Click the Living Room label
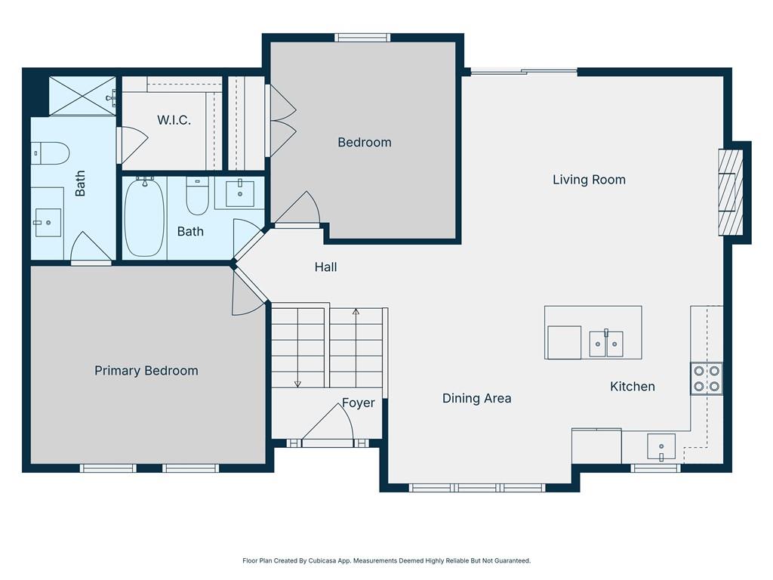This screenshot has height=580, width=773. pyautogui.click(x=589, y=180)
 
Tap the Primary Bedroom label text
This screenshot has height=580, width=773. pyautogui.click(x=146, y=371)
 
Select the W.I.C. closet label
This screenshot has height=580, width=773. pyautogui.click(x=174, y=120)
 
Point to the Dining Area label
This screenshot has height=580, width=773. pyautogui.click(x=477, y=399)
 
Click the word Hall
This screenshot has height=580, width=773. pyautogui.click(x=326, y=267)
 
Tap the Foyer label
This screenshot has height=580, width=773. pyautogui.click(x=359, y=403)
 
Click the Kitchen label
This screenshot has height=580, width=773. pyautogui.click(x=633, y=386)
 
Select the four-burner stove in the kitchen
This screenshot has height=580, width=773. pyautogui.click(x=707, y=379)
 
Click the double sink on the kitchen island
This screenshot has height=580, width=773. pyautogui.click(x=606, y=344)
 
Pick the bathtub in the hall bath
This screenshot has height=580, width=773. pyautogui.click(x=144, y=217)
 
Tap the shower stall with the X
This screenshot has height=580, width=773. pyautogui.click(x=83, y=96)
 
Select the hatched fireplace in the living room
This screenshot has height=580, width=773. pyautogui.click(x=730, y=192)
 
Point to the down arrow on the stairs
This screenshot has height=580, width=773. pyautogui.click(x=297, y=347)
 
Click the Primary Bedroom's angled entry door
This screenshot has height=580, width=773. pyautogui.click(x=249, y=293)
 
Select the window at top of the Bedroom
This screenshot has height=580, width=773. pyautogui.click(x=362, y=38)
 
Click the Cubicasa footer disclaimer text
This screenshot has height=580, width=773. pyautogui.click(x=386, y=561)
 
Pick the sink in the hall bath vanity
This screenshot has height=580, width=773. pyautogui.click(x=240, y=194)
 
